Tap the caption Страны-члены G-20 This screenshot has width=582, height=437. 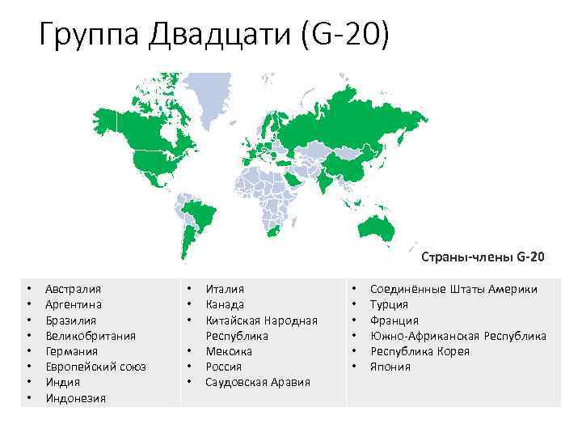483,257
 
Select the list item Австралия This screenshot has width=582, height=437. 73,288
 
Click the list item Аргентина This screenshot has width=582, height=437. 74,304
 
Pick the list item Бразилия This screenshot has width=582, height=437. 71,320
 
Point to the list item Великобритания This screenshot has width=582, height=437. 91,335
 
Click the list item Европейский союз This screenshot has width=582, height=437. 95,367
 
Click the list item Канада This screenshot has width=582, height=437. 225,304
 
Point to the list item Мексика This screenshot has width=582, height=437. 229,351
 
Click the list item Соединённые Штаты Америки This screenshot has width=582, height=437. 453,288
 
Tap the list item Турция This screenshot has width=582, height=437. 389,304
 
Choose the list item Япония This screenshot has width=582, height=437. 390,367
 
